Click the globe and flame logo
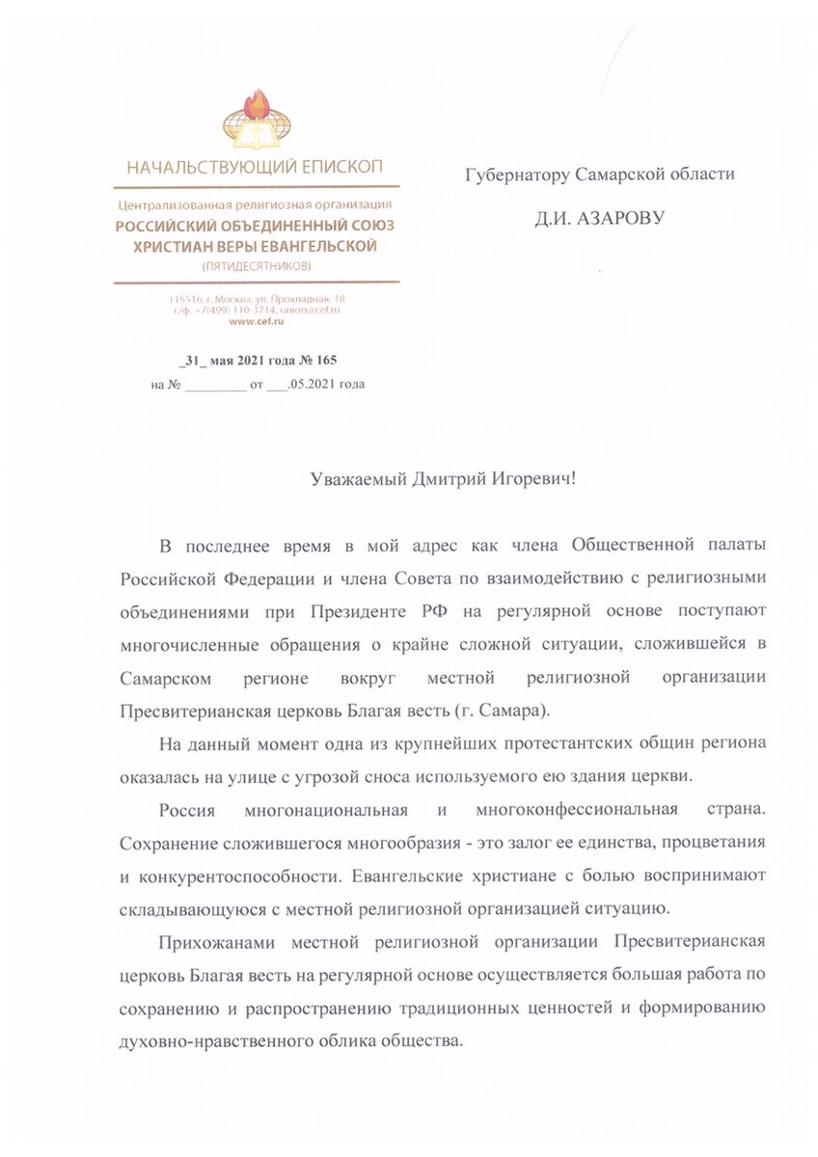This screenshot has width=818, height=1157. (x=256, y=121)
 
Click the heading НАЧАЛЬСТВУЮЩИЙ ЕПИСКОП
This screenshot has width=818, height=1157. (x=256, y=167)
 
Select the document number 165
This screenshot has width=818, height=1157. (x=324, y=361)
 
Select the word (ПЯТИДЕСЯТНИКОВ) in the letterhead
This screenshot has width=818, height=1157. (x=256, y=264)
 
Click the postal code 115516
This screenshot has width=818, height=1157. (x=185, y=299)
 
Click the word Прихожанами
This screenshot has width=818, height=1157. (x=210, y=941)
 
